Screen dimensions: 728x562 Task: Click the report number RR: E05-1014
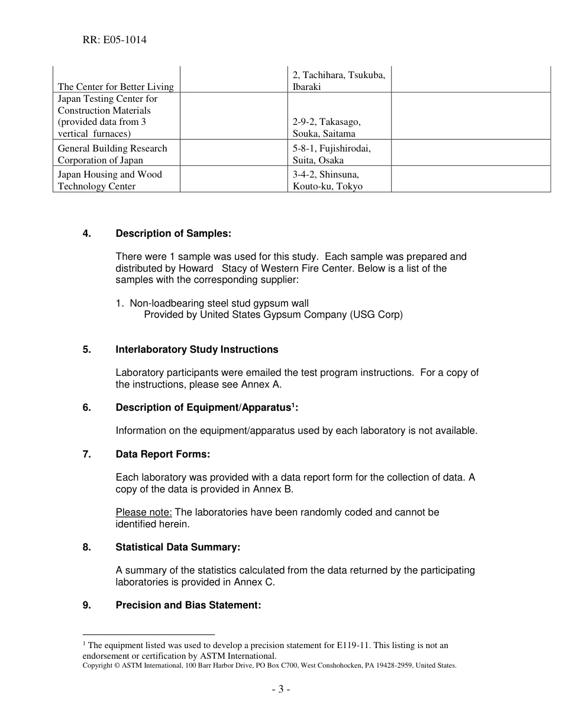point(115,40)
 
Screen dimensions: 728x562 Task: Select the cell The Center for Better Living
point(116,87)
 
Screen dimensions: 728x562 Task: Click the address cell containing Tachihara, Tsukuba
point(339,81)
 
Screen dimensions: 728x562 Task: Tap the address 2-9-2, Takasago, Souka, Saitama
point(327,127)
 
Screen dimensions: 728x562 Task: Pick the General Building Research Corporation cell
point(112,154)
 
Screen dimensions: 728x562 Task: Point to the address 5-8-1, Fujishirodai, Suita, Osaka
point(331,154)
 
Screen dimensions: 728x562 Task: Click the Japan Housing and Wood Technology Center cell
point(109,180)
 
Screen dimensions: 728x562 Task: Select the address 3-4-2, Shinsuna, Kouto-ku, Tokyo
point(328,180)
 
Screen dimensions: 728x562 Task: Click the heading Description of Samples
point(173,234)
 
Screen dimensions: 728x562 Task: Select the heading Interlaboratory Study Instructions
point(196,350)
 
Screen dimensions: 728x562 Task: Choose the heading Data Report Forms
point(163,455)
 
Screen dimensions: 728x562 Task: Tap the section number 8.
point(87,547)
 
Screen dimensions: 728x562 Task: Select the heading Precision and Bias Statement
point(188,605)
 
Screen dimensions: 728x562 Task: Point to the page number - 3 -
point(281,689)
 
